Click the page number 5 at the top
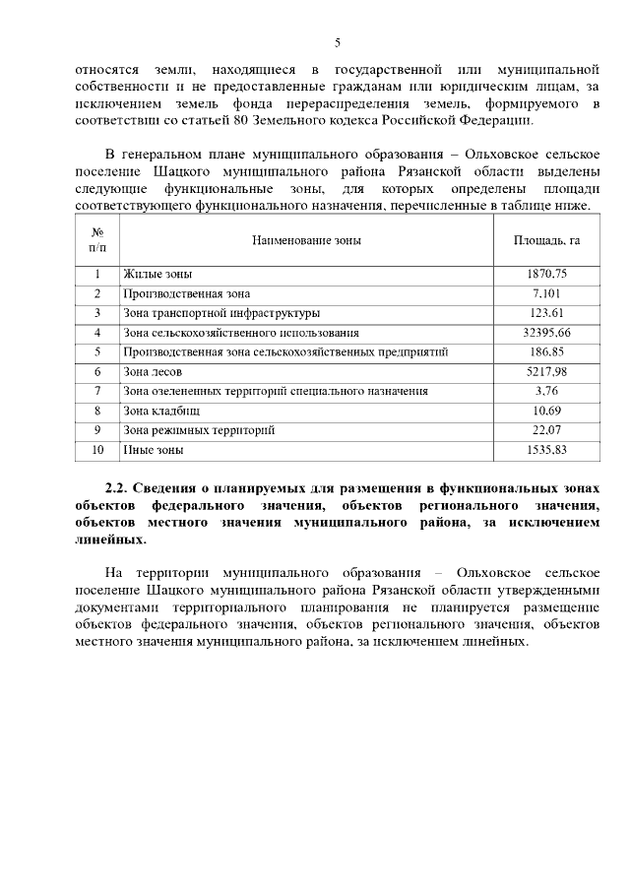[337, 42]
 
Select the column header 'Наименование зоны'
[306, 240]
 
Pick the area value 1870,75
[546, 274]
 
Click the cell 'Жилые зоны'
[157, 274]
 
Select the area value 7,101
[546, 293]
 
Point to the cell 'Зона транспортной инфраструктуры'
[220, 313]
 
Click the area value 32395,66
[546, 333]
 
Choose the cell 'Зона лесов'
[153, 372]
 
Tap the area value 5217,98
[546, 372]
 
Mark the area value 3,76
[546, 391]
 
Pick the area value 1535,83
[546, 450]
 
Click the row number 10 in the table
[97, 450]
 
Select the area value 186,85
[546, 351]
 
